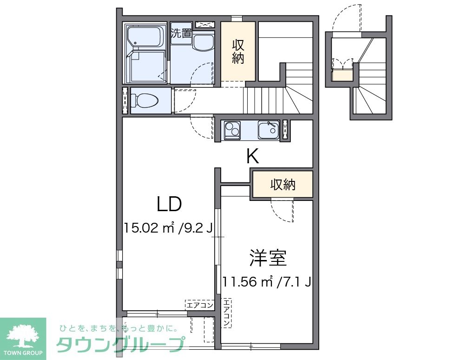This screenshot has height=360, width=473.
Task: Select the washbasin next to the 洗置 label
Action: [x=203, y=43]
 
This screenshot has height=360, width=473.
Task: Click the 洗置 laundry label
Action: [x=181, y=33]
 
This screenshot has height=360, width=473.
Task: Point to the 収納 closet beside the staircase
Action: [x=238, y=52]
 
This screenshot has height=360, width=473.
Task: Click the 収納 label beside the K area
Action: [x=283, y=185]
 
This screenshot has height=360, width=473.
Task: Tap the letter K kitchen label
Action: [x=252, y=157]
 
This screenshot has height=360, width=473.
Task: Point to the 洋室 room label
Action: [x=267, y=258]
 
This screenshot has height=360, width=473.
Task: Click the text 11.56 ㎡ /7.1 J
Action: [x=266, y=281]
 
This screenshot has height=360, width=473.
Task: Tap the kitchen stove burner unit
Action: [x=232, y=130]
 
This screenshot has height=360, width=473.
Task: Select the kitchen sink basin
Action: [x=268, y=130]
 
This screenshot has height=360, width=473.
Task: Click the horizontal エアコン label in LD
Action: [x=200, y=305]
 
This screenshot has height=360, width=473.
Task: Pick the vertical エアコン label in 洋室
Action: [x=226, y=311]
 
